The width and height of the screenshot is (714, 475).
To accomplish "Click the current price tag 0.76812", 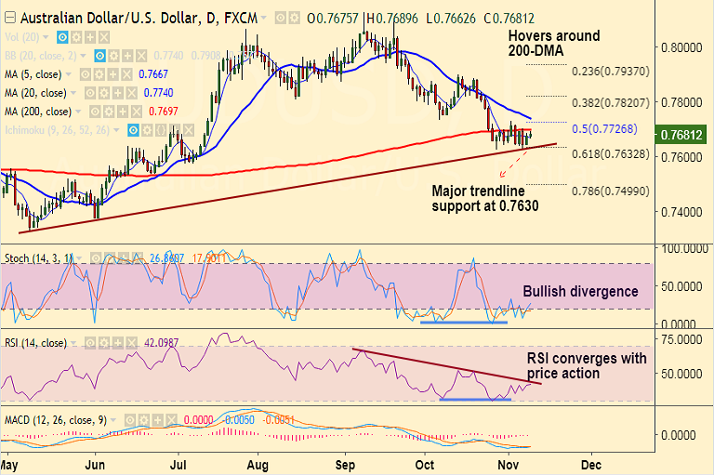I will tap(685, 135).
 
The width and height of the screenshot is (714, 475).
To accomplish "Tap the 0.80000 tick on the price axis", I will tap(681, 47).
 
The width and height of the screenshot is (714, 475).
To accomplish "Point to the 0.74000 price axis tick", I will tap(681, 212).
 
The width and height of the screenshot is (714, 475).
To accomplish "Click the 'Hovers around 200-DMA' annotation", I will tap(554, 43).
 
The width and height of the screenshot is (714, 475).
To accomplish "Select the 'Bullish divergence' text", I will tap(580, 291).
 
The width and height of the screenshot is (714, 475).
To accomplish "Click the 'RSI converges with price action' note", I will tap(587, 365).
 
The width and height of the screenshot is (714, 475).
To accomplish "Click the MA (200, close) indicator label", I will tap(36, 111).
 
